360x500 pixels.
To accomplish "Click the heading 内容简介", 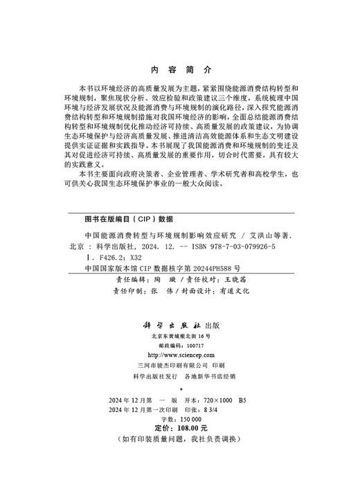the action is [x=180, y=70].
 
